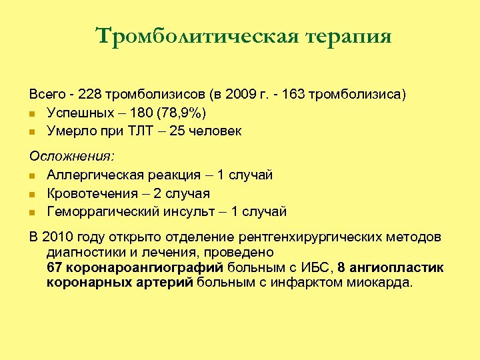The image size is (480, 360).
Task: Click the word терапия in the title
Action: (x=349, y=37)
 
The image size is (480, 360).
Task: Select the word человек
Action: (x=215, y=131)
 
